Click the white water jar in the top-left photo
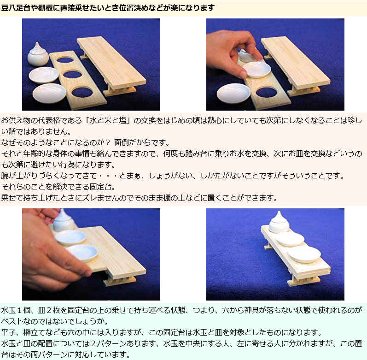tap(38, 55)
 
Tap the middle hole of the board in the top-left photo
tap(73, 75)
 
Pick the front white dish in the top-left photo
tap(49, 93)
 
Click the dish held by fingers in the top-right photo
tap(256, 70)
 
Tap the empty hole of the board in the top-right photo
tap(266, 92)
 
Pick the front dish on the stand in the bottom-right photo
tap(304, 254)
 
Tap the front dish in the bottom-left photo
tap(82, 253)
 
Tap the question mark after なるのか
tap(108, 142)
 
